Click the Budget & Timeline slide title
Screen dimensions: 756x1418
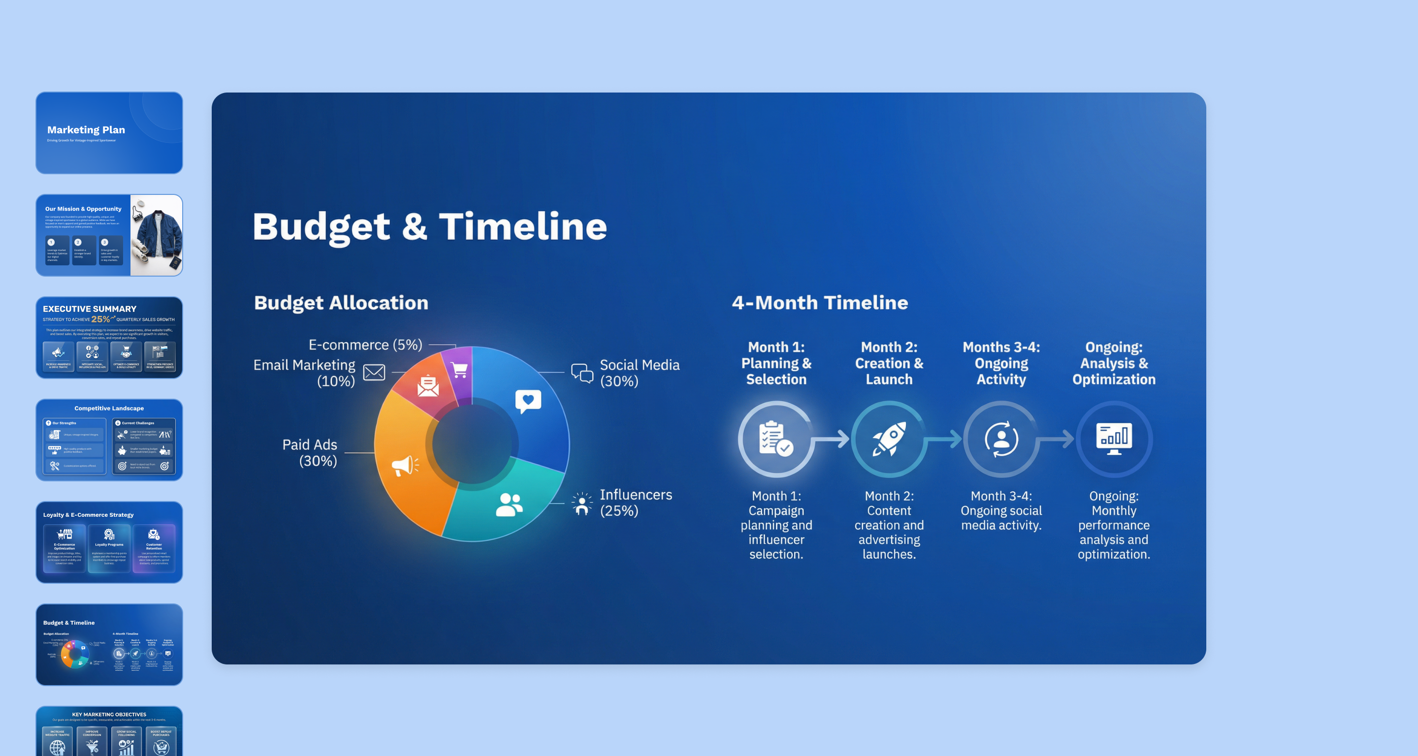click(429, 227)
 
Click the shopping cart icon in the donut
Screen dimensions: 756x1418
click(460, 370)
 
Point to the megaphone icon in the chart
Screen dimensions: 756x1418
click(405, 466)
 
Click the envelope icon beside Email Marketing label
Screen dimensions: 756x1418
click(374, 373)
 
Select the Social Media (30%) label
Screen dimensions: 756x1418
click(639, 373)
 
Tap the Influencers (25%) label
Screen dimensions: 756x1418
click(635, 503)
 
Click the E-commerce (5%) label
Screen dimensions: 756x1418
click(365, 345)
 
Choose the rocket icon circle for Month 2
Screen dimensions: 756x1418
click(888, 439)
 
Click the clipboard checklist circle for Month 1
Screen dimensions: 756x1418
click(775, 439)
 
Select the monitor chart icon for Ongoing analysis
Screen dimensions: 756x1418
click(1114, 439)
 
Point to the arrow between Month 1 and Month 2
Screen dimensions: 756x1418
click(832, 439)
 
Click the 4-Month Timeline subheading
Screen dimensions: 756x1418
click(819, 303)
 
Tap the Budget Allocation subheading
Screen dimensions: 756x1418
click(341, 303)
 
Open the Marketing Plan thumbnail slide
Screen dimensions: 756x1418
click(109, 133)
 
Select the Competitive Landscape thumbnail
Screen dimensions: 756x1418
click(109, 440)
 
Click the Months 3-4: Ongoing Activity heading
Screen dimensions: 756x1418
click(1001, 363)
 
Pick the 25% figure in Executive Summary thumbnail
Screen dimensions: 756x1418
click(100, 319)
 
